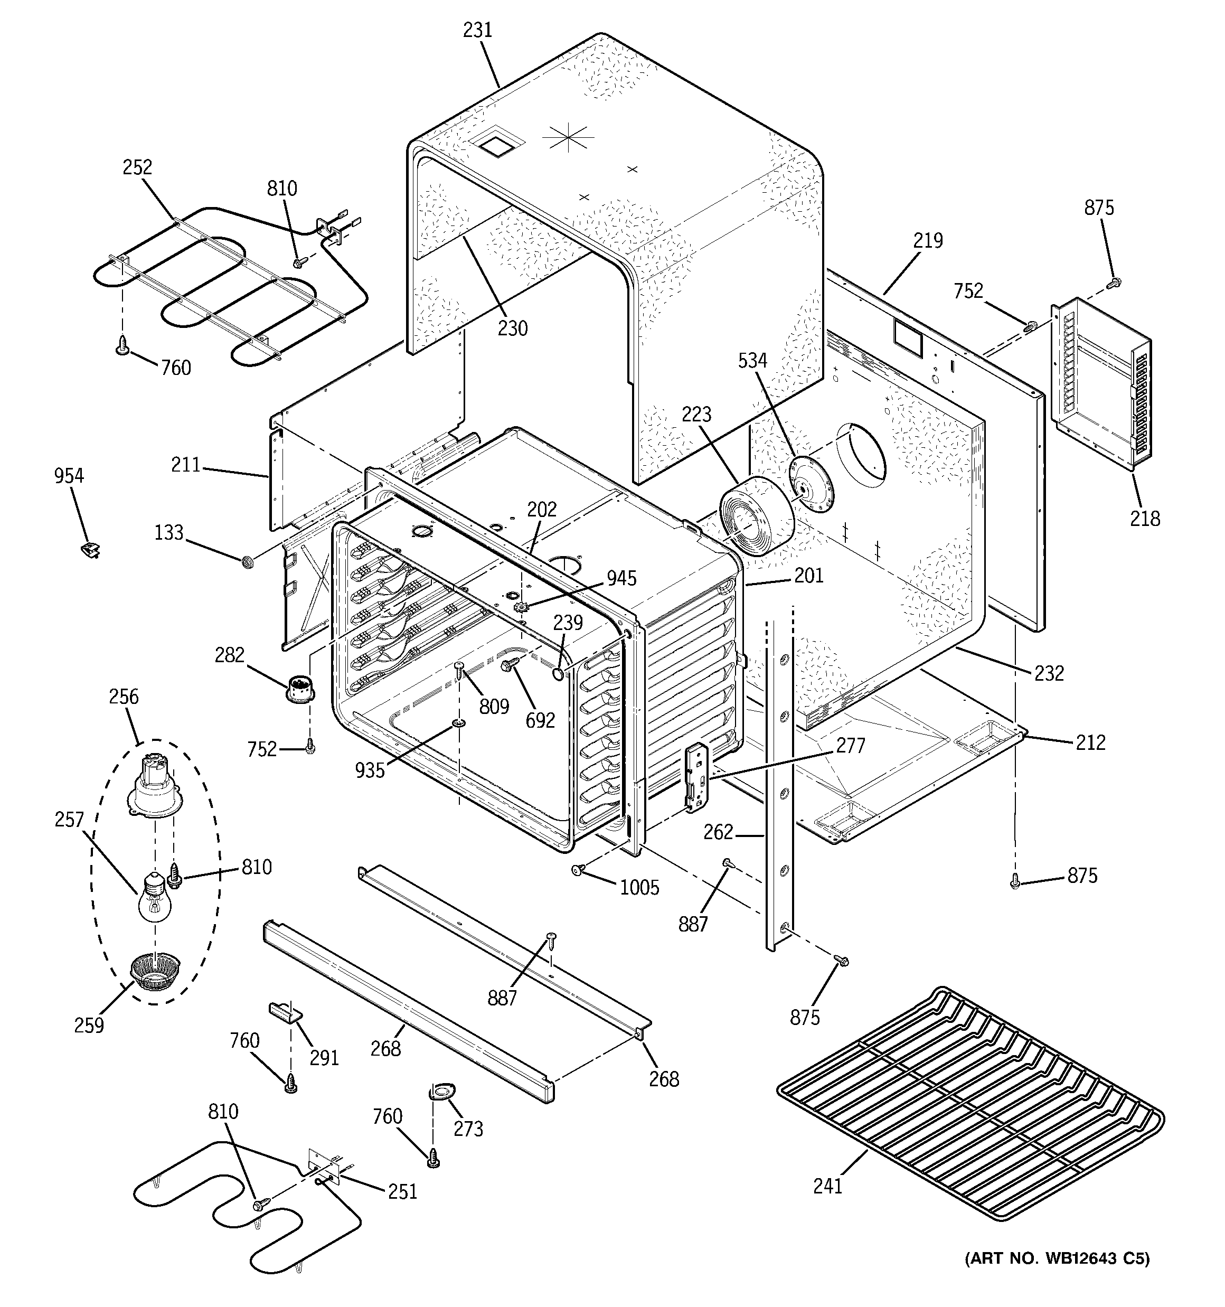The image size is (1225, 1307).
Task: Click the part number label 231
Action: tap(477, 30)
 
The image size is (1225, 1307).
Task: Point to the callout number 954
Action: tap(69, 475)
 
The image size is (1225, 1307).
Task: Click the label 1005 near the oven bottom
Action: tap(639, 888)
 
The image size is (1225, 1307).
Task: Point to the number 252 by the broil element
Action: tap(137, 167)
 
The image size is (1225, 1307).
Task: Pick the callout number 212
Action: tap(1090, 742)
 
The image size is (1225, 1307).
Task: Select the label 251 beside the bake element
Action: tap(402, 1191)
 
